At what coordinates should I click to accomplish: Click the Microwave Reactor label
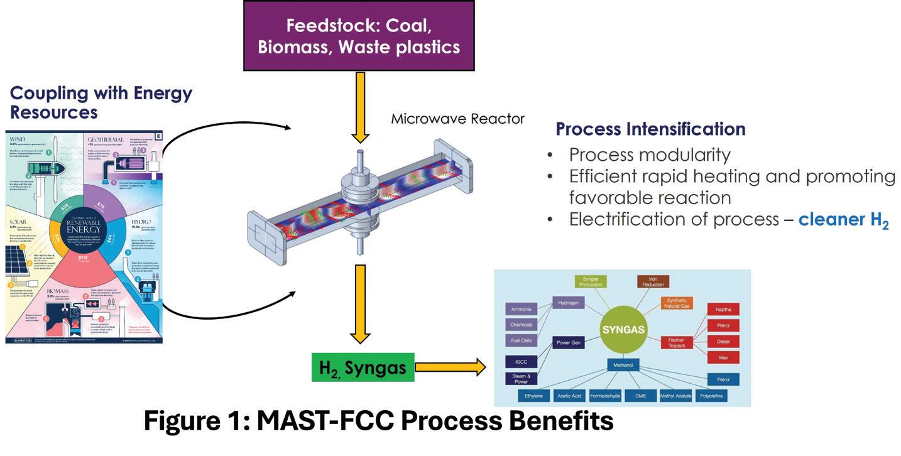(457, 119)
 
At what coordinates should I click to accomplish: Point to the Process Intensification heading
(650, 129)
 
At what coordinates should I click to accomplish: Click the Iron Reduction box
(653, 281)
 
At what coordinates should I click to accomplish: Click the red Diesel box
(723, 342)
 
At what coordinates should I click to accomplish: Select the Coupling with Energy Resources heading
(101, 102)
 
